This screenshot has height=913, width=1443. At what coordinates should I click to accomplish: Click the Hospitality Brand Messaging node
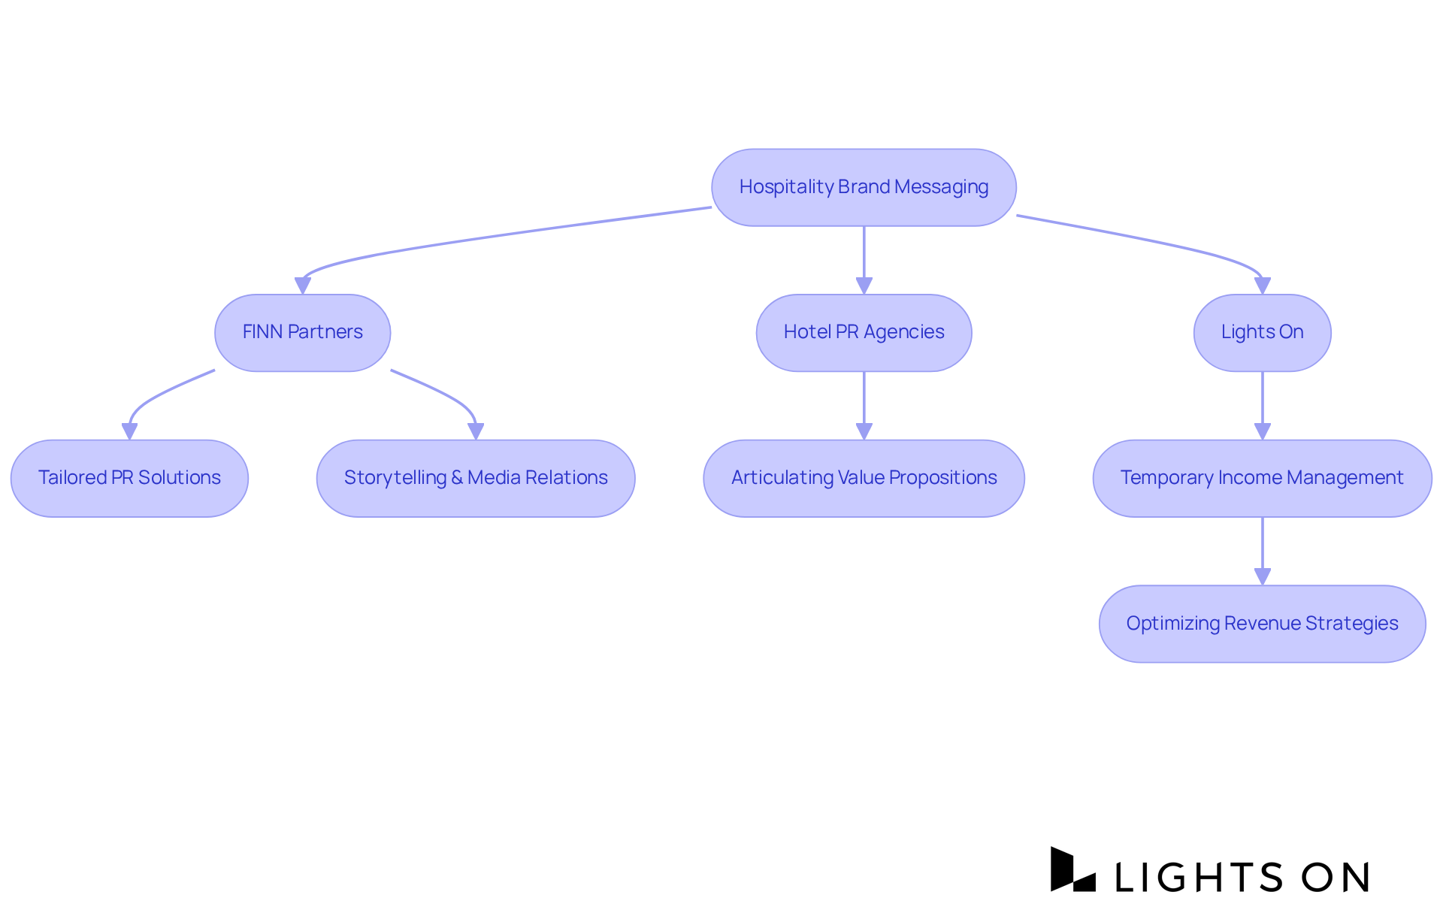(864, 187)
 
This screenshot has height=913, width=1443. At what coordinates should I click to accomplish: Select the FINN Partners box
(302, 332)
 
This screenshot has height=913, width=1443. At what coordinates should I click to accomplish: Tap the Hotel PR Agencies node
(864, 332)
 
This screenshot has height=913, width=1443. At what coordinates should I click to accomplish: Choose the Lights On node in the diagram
(1262, 332)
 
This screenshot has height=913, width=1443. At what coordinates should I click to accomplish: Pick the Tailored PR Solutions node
(129, 478)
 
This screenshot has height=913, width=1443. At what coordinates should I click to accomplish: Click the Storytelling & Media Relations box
(476, 478)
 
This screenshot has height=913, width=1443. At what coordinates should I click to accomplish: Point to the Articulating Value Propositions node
(864, 478)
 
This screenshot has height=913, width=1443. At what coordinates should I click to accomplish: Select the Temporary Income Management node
(1262, 478)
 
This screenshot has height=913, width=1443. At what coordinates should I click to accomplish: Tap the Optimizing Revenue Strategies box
(1262, 624)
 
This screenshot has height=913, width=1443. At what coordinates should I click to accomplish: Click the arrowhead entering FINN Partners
(302, 286)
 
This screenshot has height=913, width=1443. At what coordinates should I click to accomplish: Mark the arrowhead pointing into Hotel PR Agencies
(864, 286)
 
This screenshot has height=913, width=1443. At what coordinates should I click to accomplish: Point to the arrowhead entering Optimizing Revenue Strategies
(1263, 576)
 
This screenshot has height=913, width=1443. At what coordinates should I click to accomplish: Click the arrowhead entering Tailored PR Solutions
(129, 431)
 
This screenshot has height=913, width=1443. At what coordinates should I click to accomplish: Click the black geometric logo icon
(1072, 869)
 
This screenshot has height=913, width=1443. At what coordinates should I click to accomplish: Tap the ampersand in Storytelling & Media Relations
(457, 478)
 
